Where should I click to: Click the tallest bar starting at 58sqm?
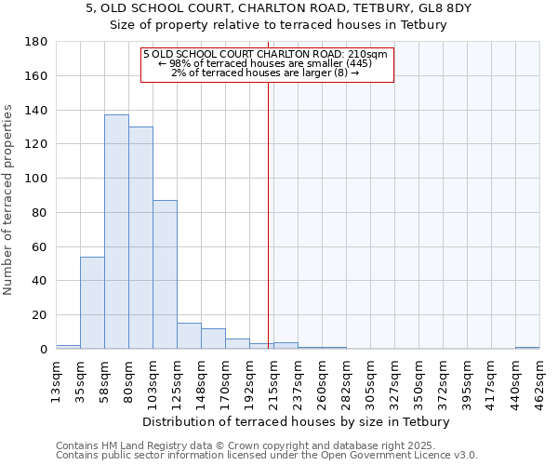(116, 232)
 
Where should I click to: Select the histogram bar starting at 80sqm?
(140, 237)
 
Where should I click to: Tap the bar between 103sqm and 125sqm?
(165, 274)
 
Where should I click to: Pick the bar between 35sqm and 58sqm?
(92, 302)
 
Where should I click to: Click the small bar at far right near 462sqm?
(527, 348)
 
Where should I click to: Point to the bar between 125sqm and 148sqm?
(189, 336)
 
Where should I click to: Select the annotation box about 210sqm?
(268, 64)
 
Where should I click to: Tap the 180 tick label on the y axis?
(36, 42)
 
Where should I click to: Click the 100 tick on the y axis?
(36, 179)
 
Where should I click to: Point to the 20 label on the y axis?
(40, 315)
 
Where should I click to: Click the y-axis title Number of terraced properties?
(8, 200)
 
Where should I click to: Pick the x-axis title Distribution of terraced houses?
(297, 421)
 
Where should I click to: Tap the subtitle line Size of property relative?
(279, 25)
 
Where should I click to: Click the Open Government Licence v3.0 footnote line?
(267, 456)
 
